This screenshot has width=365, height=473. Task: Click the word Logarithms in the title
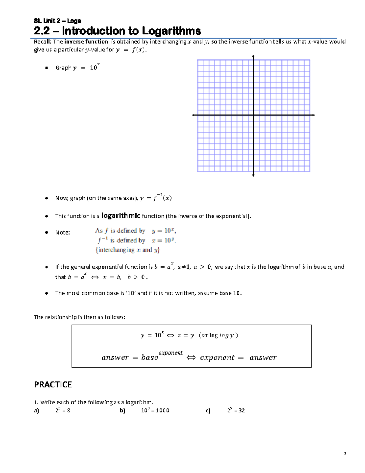click(x=171, y=31)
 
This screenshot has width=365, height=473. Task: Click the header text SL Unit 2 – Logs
click(x=57, y=21)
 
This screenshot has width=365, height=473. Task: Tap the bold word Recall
click(x=42, y=42)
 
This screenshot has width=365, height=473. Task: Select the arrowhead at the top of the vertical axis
click(x=253, y=56)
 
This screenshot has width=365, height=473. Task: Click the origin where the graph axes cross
click(x=253, y=115)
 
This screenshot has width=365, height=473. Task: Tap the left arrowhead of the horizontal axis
click(x=193, y=115)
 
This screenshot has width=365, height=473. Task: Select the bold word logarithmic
click(x=120, y=216)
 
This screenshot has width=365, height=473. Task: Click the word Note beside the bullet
click(x=62, y=232)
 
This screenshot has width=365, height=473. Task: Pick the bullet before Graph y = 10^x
click(x=47, y=68)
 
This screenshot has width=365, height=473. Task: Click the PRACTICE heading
click(x=53, y=385)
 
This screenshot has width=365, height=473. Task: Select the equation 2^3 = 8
click(x=63, y=410)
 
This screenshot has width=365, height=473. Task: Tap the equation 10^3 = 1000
click(x=155, y=410)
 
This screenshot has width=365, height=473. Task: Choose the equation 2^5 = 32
click(x=236, y=410)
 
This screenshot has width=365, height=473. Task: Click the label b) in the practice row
click(x=123, y=411)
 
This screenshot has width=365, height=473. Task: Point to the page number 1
click(x=345, y=454)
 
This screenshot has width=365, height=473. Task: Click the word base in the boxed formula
click(x=150, y=358)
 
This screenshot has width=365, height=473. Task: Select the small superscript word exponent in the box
click(x=170, y=353)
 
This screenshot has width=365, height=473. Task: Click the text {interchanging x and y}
click(x=127, y=250)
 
